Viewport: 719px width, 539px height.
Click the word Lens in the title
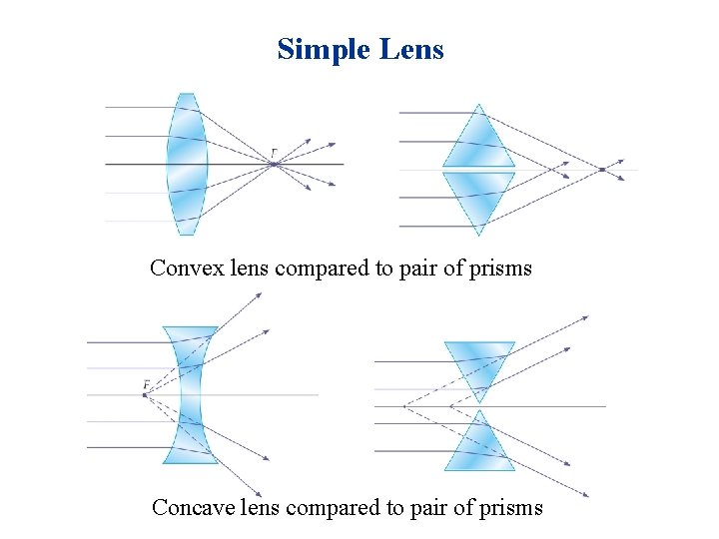point(411,48)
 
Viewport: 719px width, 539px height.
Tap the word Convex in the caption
point(179,268)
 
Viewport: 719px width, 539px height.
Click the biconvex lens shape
point(187,164)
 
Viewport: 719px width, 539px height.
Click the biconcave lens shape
point(190,394)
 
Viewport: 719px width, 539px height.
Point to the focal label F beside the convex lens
point(275,153)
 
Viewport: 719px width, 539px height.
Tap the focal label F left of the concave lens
point(146,384)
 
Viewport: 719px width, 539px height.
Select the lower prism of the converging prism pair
point(479,197)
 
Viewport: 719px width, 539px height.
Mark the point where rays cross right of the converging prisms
point(601,170)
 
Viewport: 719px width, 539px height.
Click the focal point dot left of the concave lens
point(144,395)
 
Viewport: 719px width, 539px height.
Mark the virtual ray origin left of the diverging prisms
point(402,406)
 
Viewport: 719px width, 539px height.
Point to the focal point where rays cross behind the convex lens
point(274,164)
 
